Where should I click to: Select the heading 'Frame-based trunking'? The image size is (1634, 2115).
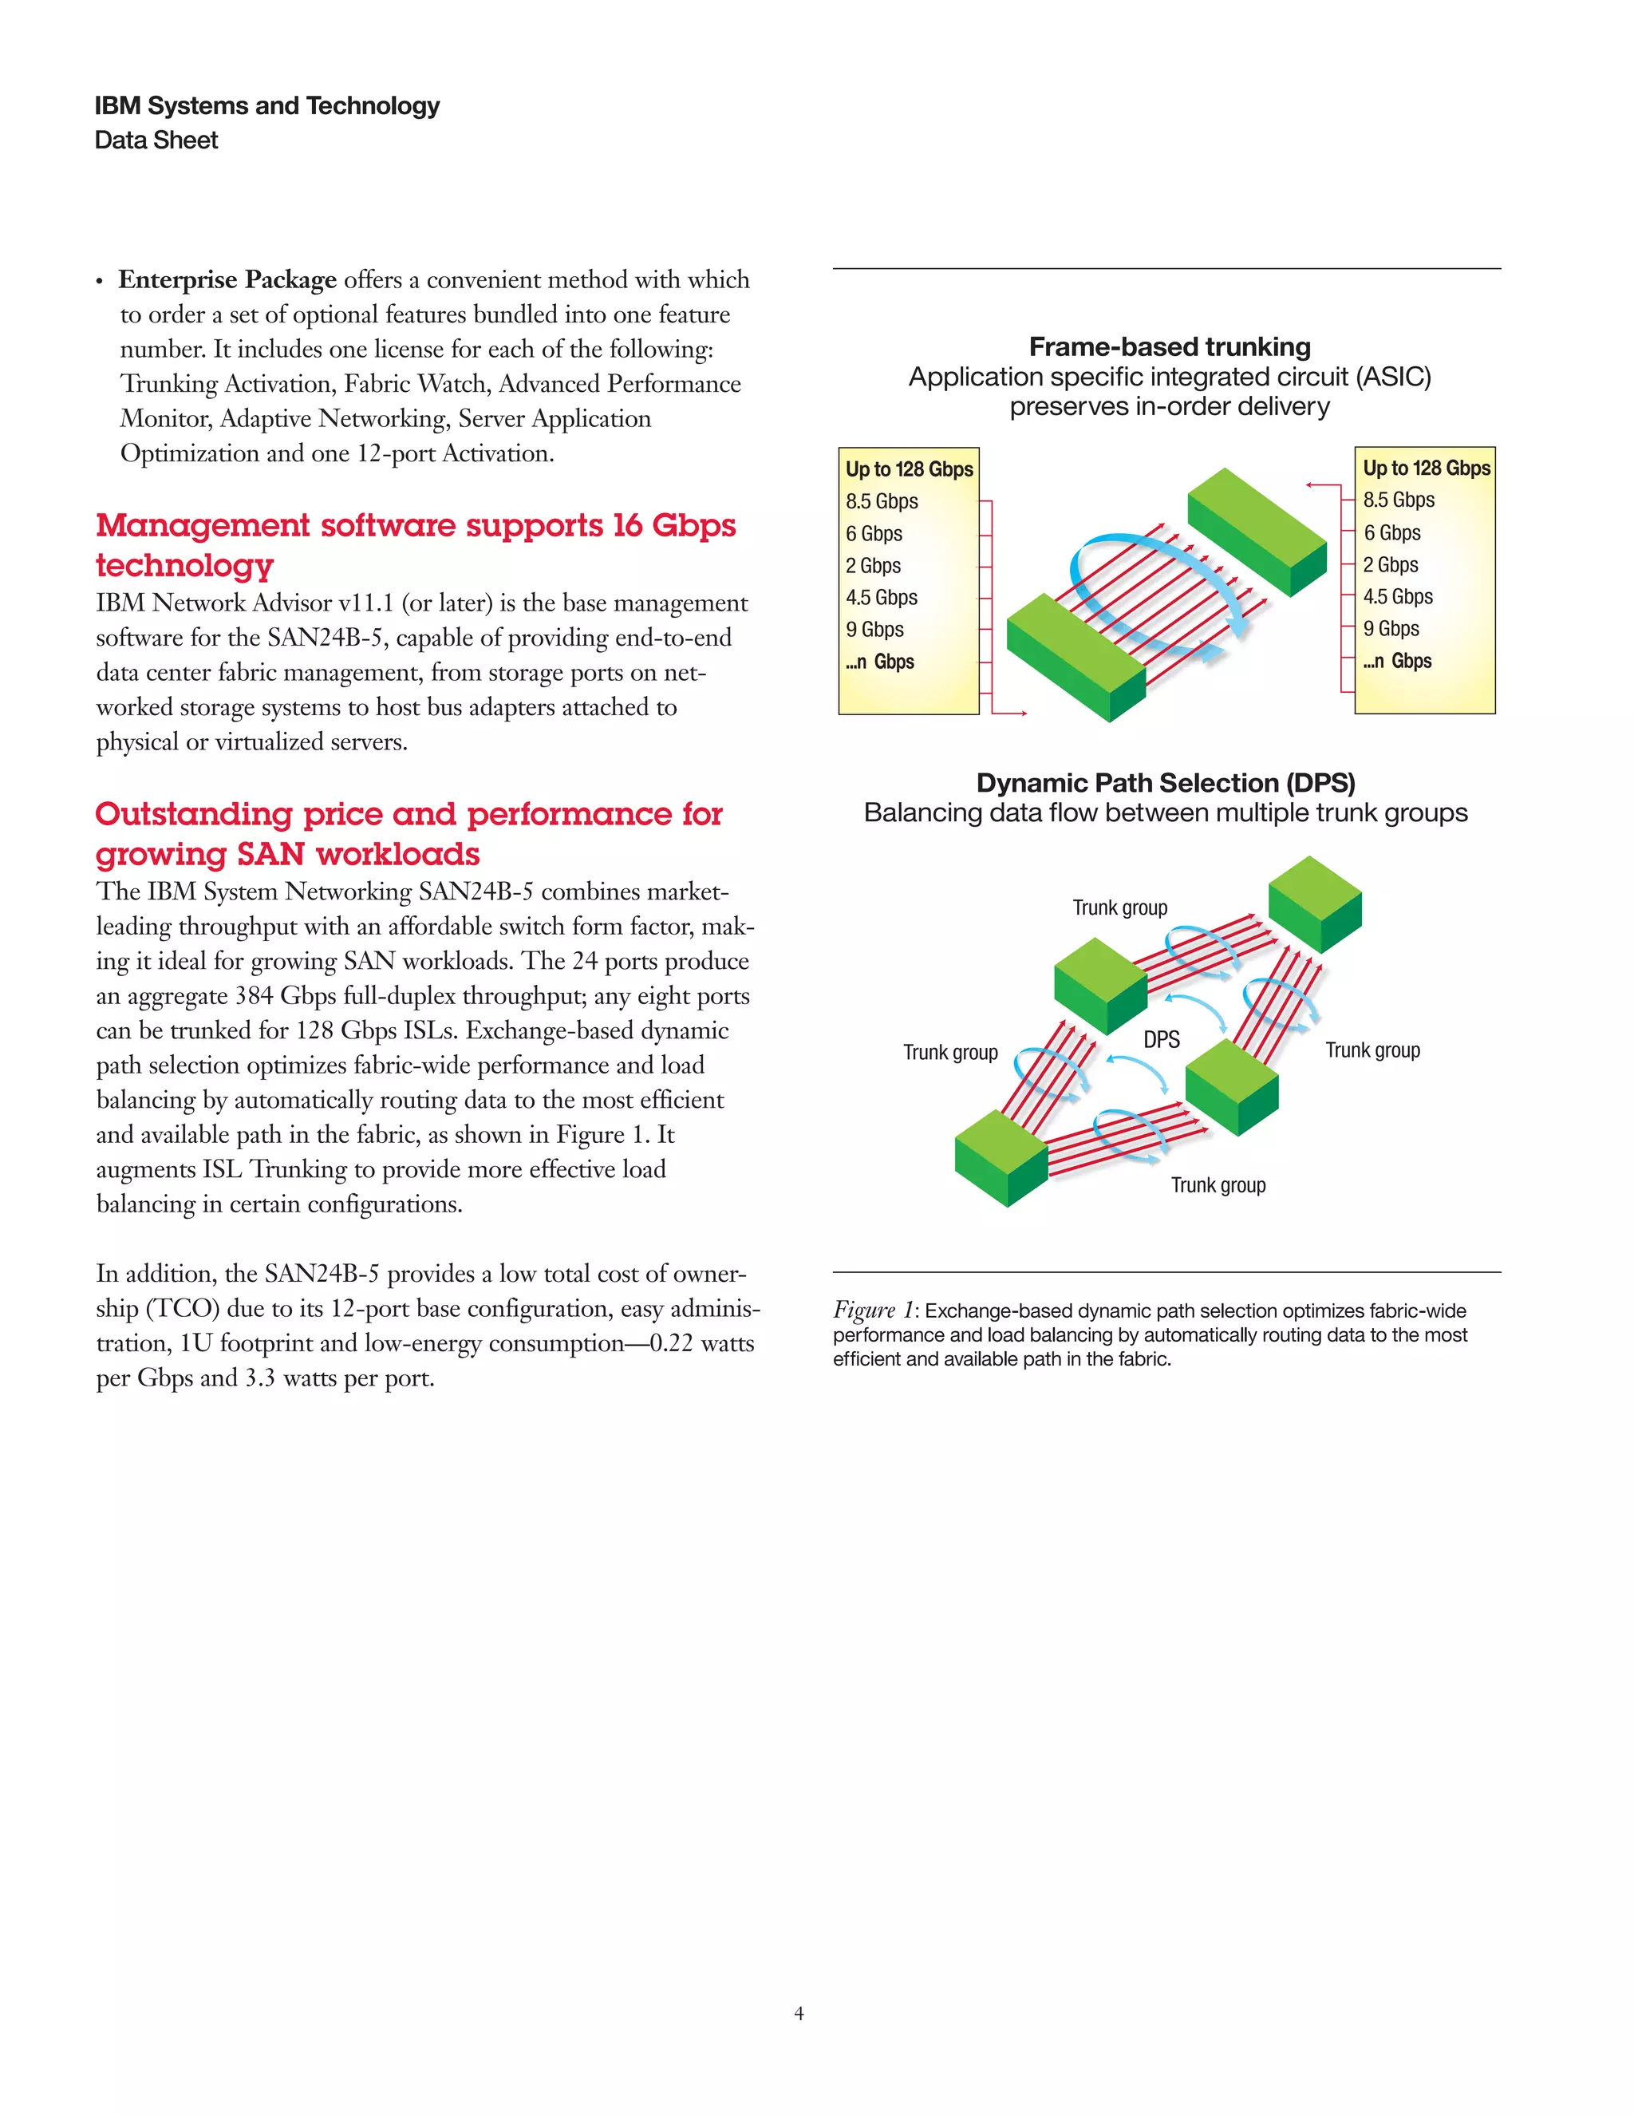click(1170, 346)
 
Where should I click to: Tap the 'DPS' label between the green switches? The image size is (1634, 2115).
click(1162, 1040)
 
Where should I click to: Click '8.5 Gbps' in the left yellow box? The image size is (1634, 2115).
click(881, 502)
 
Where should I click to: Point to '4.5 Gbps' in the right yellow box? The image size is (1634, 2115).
click(1398, 596)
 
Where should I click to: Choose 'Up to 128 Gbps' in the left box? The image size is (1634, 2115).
click(909, 469)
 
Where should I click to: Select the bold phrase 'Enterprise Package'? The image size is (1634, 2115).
click(227, 280)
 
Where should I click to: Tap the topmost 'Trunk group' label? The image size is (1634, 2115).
click(1119, 908)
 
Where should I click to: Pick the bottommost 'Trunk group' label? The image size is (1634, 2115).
click(1218, 1185)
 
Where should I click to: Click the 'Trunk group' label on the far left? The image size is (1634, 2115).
click(949, 1053)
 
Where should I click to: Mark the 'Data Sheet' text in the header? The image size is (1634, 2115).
click(156, 140)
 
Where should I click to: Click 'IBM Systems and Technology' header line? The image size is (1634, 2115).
click(267, 105)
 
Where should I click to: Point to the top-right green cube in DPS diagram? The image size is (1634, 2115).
click(1315, 902)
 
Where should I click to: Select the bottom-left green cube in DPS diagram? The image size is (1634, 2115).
click(1001, 1157)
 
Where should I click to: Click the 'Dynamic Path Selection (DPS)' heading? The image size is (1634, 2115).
click(1166, 782)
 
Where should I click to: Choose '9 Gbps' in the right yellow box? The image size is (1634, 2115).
click(1391, 628)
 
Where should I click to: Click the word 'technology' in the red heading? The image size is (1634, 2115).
click(185, 566)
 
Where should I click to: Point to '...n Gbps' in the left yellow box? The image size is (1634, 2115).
click(880, 662)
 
